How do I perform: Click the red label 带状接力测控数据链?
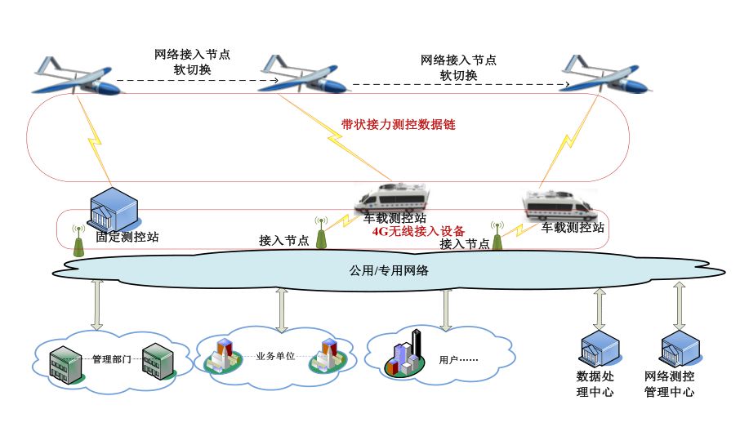398,125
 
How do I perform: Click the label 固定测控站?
127,238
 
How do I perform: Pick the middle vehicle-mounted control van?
394,199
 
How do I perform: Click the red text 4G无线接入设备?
418,230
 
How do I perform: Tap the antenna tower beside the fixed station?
79,240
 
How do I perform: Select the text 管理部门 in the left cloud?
111,359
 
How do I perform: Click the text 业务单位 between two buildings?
274,356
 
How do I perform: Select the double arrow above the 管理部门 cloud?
97,304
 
